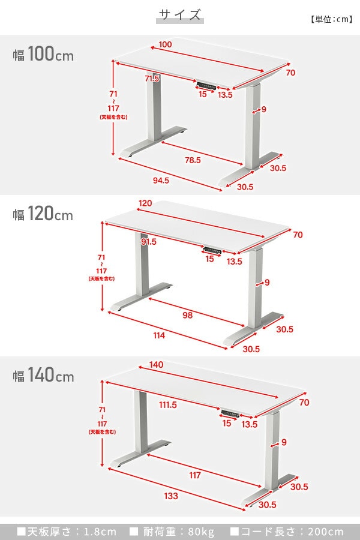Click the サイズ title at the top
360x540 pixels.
pyautogui.click(x=180, y=15)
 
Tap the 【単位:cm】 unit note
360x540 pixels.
pyautogui.click(x=331, y=19)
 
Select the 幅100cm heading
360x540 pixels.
pyautogui.click(x=43, y=54)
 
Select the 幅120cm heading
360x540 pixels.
pyautogui.click(x=43, y=214)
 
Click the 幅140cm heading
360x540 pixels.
pyautogui.click(x=43, y=374)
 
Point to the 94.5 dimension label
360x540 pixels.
pyautogui.click(x=161, y=180)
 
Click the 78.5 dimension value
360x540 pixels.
pyautogui.click(x=193, y=160)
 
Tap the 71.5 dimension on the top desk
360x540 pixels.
pyautogui.click(x=152, y=79)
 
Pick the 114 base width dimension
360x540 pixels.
pyautogui.click(x=159, y=335)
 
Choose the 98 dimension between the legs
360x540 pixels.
pyautogui.click(x=187, y=315)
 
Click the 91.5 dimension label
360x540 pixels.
pyautogui.click(x=148, y=242)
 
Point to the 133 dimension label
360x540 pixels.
pyautogui.click(x=171, y=496)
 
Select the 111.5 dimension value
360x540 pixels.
pyautogui.click(x=168, y=405)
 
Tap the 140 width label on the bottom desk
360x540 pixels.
pyautogui.click(x=156, y=365)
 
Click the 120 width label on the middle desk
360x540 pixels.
pyautogui.click(x=145, y=203)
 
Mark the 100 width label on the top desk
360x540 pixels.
pyautogui.click(x=166, y=44)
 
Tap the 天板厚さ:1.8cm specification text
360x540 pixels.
pyautogui.click(x=67, y=532)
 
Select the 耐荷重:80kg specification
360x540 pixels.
pyautogui.click(x=172, y=532)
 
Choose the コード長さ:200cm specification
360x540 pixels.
pyautogui.click(x=287, y=532)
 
